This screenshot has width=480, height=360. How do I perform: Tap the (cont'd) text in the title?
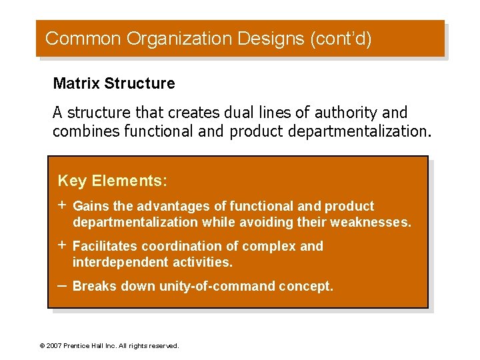pos(341,39)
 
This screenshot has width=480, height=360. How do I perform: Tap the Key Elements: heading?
pos(113,181)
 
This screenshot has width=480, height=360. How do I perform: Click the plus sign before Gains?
pos(62,206)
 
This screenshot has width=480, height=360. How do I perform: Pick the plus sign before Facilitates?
pos(62,246)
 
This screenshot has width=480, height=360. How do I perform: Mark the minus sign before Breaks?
pos(62,285)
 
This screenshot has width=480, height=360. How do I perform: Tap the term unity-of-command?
pos(217,287)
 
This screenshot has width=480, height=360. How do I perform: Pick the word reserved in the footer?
pos(164,346)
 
